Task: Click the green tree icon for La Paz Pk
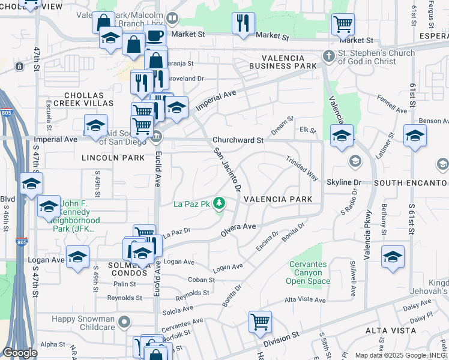[x=220, y=204]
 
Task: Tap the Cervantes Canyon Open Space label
[x=309, y=272]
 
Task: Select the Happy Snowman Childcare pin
[x=124, y=322]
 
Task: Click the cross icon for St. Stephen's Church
[x=328, y=56]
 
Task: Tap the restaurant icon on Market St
[x=243, y=23]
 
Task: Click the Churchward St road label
[x=238, y=140]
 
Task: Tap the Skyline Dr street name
[x=344, y=182]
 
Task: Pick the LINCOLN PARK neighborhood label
[x=113, y=158]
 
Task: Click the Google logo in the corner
[x=20, y=353]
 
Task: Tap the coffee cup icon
[x=154, y=35]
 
